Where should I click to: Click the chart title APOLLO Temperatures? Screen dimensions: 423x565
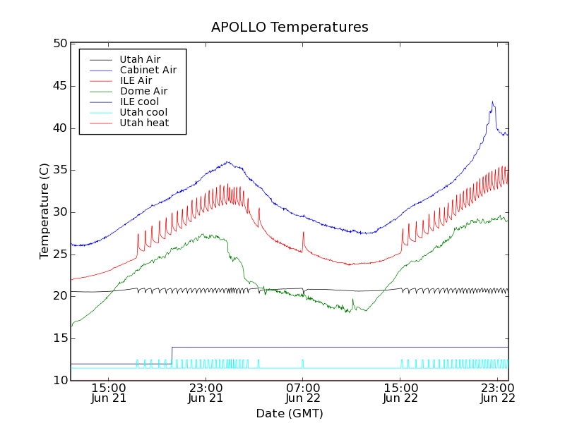(290, 27)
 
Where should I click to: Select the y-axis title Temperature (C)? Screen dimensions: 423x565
(44, 211)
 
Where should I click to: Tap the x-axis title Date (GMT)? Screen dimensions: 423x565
(290, 413)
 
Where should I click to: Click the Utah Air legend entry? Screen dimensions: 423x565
(140, 59)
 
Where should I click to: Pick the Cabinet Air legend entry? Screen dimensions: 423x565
(148, 70)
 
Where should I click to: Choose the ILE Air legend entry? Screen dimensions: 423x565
(136, 80)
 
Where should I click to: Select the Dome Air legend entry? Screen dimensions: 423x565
(143, 91)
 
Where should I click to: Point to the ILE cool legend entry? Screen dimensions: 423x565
(139, 102)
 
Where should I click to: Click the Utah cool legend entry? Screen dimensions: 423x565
(143, 112)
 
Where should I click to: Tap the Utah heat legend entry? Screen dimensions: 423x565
(143, 123)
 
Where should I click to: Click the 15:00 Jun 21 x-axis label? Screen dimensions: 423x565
(109, 393)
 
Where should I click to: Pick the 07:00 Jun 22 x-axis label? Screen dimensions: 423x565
(303, 393)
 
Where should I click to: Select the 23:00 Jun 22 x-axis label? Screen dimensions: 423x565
(497, 393)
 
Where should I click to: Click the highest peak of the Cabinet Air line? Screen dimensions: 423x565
(493, 102)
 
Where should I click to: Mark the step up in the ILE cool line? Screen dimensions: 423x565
(172, 355)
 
